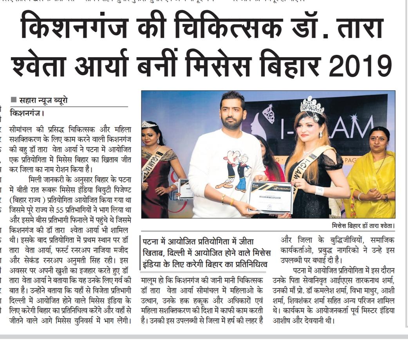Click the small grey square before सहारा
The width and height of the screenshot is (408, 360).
coord(14,100)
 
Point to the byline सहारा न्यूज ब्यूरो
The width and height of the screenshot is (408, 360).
coord(43,100)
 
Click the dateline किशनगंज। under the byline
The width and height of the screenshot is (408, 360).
coord(27,114)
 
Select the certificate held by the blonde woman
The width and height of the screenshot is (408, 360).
coord(270,197)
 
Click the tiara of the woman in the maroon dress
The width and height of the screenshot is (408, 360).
coord(149,124)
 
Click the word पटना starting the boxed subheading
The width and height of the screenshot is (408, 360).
coord(152,242)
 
